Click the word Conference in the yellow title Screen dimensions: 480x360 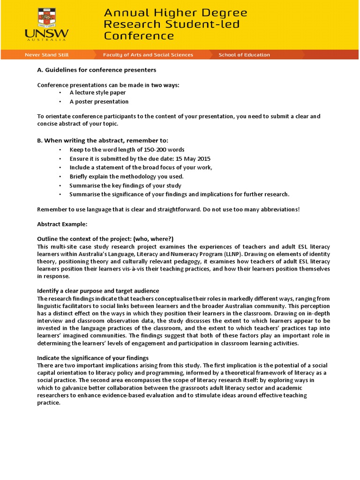tap(139, 36)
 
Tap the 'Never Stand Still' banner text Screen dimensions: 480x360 tap(46, 55)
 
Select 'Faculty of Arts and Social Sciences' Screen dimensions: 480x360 tap(148, 55)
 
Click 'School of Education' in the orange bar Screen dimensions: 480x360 tap(244, 55)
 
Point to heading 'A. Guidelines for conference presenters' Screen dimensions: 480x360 tap(96, 70)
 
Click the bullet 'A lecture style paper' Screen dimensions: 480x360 tap(97, 93)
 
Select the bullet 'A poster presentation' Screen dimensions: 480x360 tap(99, 102)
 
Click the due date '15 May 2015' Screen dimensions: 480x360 tap(194, 158)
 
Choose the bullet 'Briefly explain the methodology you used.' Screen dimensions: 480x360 tap(127, 176)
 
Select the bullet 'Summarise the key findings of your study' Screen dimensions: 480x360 tap(125, 185)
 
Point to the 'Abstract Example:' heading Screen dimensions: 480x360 tap(62, 224)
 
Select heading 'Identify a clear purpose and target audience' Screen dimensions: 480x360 tap(98, 291)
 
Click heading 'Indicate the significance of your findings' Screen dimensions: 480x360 tap(93, 358)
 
